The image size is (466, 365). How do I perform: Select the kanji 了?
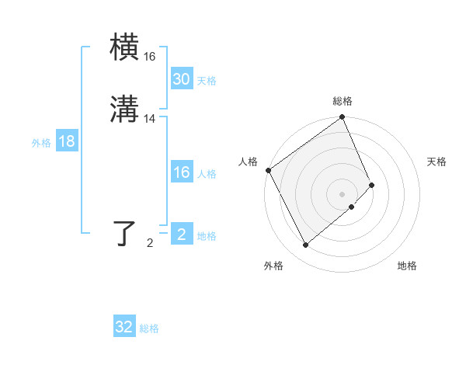(x=125, y=234)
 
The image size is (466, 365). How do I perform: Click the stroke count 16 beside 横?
(x=150, y=57)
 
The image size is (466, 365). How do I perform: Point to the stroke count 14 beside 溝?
(x=150, y=119)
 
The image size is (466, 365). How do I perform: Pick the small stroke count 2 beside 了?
(x=150, y=243)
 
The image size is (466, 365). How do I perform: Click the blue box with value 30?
(x=181, y=79)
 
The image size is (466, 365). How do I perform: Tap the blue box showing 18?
(x=66, y=141)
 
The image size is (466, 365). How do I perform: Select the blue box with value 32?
(x=124, y=327)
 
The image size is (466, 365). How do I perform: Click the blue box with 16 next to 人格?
(x=181, y=172)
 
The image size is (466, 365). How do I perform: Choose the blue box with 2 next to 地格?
(x=181, y=235)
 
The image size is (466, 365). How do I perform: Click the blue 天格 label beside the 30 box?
(x=207, y=81)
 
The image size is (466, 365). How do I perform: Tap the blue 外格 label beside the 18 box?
(x=41, y=142)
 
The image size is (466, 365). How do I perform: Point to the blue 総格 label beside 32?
(x=149, y=328)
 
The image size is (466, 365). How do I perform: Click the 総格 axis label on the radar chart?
(x=343, y=101)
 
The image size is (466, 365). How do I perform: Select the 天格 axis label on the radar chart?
(x=436, y=162)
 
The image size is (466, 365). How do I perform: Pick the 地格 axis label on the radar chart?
(x=407, y=266)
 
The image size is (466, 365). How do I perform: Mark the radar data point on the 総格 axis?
(x=343, y=118)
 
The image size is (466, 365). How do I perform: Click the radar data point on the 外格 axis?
(x=305, y=245)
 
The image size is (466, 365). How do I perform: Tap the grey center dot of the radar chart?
(x=343, y=193)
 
